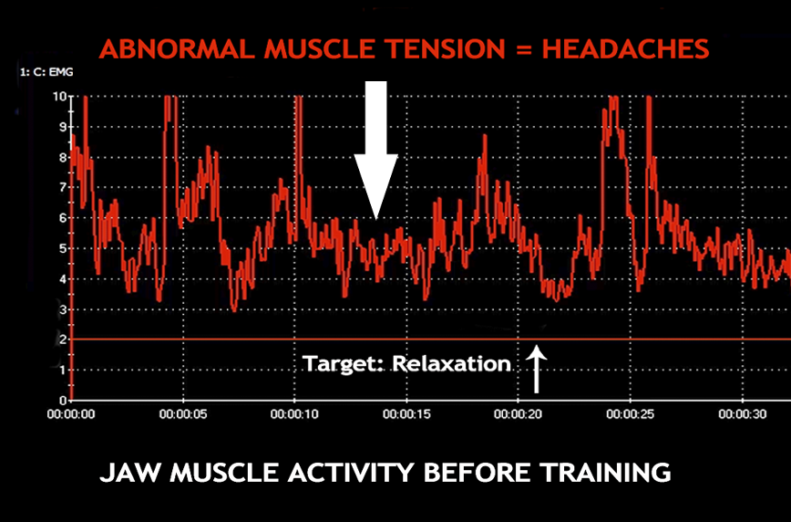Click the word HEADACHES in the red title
tap(625, 49)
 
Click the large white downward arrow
tap(375, 151)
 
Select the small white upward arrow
tap(536, 369)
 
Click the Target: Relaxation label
tap(406, 364)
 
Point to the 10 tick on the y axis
tap(60, 96)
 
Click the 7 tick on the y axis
tap(64, 187)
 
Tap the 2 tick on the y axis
tap(64, 339)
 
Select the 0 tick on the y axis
tap(64, 401)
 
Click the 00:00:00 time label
tap(71, 414)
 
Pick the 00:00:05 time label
tap(183, 414)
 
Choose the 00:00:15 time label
tap(406, 414)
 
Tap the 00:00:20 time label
tap(519, 414)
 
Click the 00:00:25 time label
tap(630, 414)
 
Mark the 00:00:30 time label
tap(742, 414)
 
